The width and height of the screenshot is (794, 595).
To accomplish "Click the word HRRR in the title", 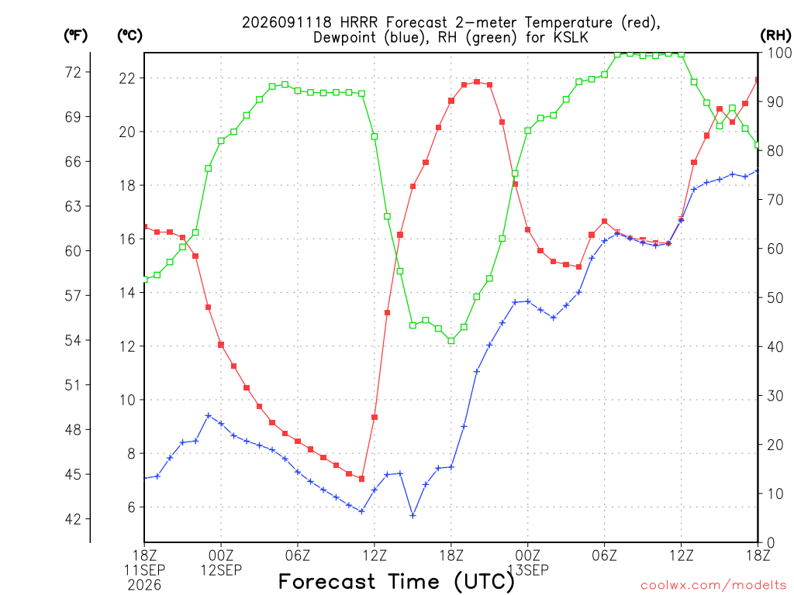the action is [360, 22].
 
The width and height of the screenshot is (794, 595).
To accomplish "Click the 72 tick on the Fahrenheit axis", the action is [73, 72].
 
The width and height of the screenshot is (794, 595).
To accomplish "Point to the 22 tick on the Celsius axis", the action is [127, 78].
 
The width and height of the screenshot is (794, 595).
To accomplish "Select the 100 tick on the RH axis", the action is [779, 53].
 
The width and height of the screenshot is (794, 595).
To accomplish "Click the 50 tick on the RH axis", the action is [775, 298].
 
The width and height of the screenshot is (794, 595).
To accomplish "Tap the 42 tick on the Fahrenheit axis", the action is [73, 519].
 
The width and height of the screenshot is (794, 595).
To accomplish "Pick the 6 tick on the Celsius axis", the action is [131, 507].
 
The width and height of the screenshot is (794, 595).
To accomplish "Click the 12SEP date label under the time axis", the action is [221, 570].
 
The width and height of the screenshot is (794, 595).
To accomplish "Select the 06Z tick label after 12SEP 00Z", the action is [298, 555].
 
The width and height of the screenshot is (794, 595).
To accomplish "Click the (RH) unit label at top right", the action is [775, 35].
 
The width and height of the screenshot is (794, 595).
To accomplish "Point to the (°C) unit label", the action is [129, 35].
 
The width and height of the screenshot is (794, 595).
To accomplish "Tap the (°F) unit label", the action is [75, 35].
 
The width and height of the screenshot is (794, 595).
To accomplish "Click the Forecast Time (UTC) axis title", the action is [396, 582].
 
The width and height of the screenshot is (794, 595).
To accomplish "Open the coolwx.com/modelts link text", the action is [713, 586].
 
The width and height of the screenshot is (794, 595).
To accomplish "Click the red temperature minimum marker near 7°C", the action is [361, 479].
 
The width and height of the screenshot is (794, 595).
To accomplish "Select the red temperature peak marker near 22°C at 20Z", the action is [477, 82].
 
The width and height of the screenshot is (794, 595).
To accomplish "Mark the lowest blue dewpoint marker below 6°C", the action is [413, 515].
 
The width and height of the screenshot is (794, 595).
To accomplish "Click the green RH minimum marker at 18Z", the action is [451, 341].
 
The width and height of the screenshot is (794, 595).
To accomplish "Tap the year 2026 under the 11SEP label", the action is [144, 586].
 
